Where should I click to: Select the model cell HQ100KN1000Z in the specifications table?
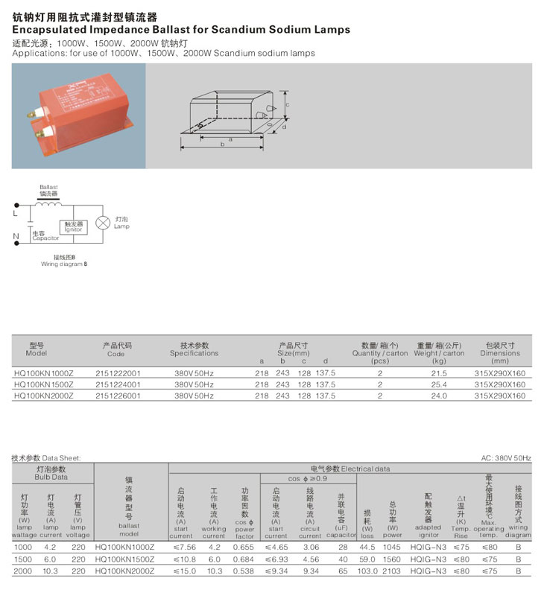coord(45,372)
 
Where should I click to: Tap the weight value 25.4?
coord(439,384)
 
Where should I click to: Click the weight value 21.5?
coord(439,372)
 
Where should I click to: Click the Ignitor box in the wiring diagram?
coord(73,226)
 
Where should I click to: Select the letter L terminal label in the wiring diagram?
coord(16,213)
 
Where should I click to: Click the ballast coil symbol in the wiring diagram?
coord(49,203)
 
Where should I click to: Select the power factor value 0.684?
coord(244,559)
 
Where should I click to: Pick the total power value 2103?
coord(391,571)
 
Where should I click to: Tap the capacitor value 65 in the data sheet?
coord(342,571)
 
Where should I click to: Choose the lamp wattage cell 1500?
coord(23,559)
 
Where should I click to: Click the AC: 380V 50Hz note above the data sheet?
coord(506,458)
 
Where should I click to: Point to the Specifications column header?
coord(194,353)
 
